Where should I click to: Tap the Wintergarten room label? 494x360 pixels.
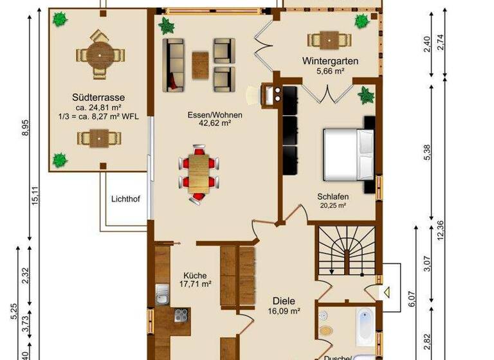(330, 62)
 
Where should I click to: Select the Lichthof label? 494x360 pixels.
(125, 199)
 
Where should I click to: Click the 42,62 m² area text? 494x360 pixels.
(214, 125)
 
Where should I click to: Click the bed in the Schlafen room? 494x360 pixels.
(348, 154)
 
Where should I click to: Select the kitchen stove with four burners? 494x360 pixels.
(182, 316)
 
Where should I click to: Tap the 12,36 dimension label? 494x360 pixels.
(440, 229)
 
